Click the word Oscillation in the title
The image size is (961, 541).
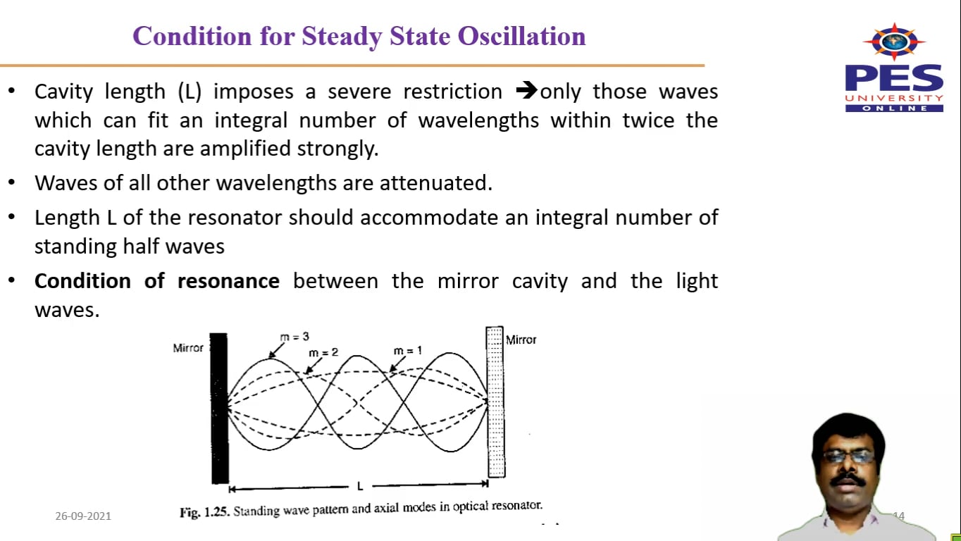pos(522,37)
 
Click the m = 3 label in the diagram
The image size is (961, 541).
pos(294,337)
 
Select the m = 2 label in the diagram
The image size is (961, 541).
pos(323,352)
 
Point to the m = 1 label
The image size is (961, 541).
pos(408,351)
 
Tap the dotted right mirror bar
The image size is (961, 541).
pos(495,402)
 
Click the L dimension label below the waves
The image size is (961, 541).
pos(359,486)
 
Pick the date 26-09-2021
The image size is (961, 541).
pos(83,516)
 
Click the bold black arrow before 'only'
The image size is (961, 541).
pos(526,92)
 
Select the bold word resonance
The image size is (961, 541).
pos(228,281)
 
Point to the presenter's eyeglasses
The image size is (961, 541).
pos(848,456)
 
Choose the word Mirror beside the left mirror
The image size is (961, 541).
pos(188,348)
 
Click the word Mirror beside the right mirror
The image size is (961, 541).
pos(521,340)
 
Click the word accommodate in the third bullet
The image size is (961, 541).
pos(429,218)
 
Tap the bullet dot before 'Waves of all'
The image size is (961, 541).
pos(11,183)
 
